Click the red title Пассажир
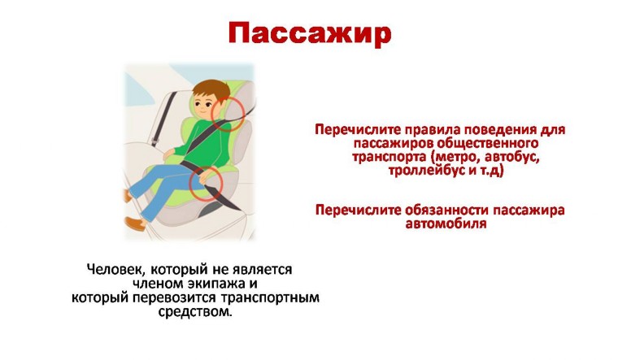click(x=309, y=34)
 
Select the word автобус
click(x=511, y=157)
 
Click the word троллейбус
click(x=426, y=171)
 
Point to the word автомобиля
click(x=446, y=223)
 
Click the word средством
click(x=194, y=311)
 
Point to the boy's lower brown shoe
click(x=135, y=223)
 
